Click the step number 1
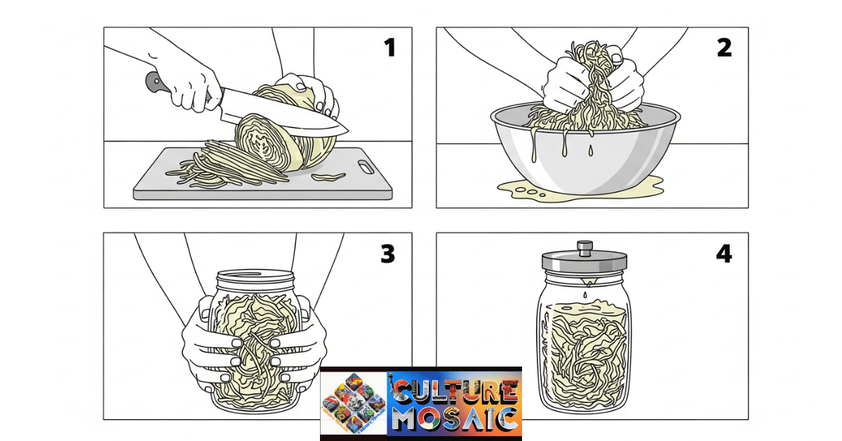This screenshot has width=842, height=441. tap(389, 48)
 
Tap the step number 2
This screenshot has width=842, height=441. tap(724, 48)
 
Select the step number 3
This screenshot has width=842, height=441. tap(388, 254)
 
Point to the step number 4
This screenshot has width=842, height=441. tap(723, 254)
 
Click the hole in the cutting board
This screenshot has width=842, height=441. tap(366, 167)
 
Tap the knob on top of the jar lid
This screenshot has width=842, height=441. tap(584, 247)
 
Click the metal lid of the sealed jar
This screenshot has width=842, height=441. tap(584, 262)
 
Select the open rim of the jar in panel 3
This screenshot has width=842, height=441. tap(254, 275)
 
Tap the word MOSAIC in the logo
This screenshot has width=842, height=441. tap(456, 419)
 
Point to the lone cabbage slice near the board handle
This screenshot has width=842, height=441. tap(328, 176)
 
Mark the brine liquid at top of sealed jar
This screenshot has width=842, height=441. tap(584, 308)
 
